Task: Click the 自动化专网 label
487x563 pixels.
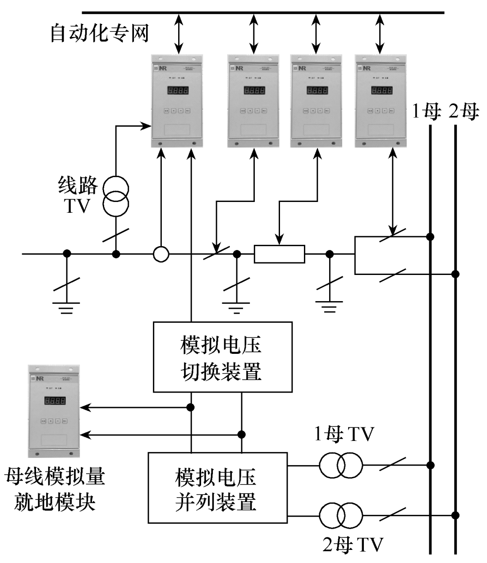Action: (99, 34)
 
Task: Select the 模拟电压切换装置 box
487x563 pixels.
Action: (222, 357)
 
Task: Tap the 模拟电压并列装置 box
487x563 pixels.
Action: (217, 488)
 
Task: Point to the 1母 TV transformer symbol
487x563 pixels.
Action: (341, 465)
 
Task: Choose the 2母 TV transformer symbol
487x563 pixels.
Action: (341, 515)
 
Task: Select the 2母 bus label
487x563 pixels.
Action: (464, 111)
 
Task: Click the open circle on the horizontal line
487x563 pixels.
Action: (161, 254)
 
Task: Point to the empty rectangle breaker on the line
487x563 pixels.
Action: (280, 254)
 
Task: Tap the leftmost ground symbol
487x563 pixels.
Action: (66, 307)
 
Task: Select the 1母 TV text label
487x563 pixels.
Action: (344, 435)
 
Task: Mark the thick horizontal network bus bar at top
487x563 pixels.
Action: (263, 12)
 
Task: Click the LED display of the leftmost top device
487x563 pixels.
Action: (178, 91)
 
